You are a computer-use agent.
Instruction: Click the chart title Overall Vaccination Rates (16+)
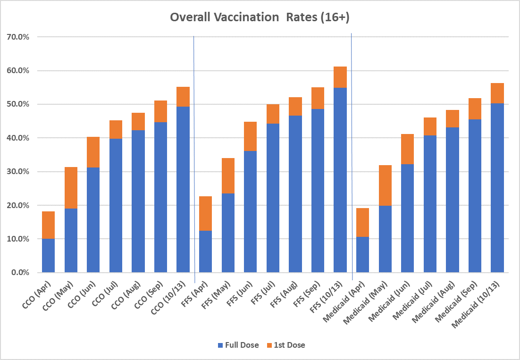pos(260,17)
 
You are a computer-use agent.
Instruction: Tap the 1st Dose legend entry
pos(287,345)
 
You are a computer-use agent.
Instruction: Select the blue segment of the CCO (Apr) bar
pos(49,256)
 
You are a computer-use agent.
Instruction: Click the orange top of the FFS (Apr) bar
pos(205,213)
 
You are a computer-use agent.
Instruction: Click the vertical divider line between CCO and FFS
pos(194,156)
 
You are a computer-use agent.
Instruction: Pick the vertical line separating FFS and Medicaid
pos(352,156)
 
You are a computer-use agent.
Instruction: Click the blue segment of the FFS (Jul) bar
pos(273,198)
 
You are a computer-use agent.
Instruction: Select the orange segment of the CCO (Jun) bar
pos(93,152)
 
